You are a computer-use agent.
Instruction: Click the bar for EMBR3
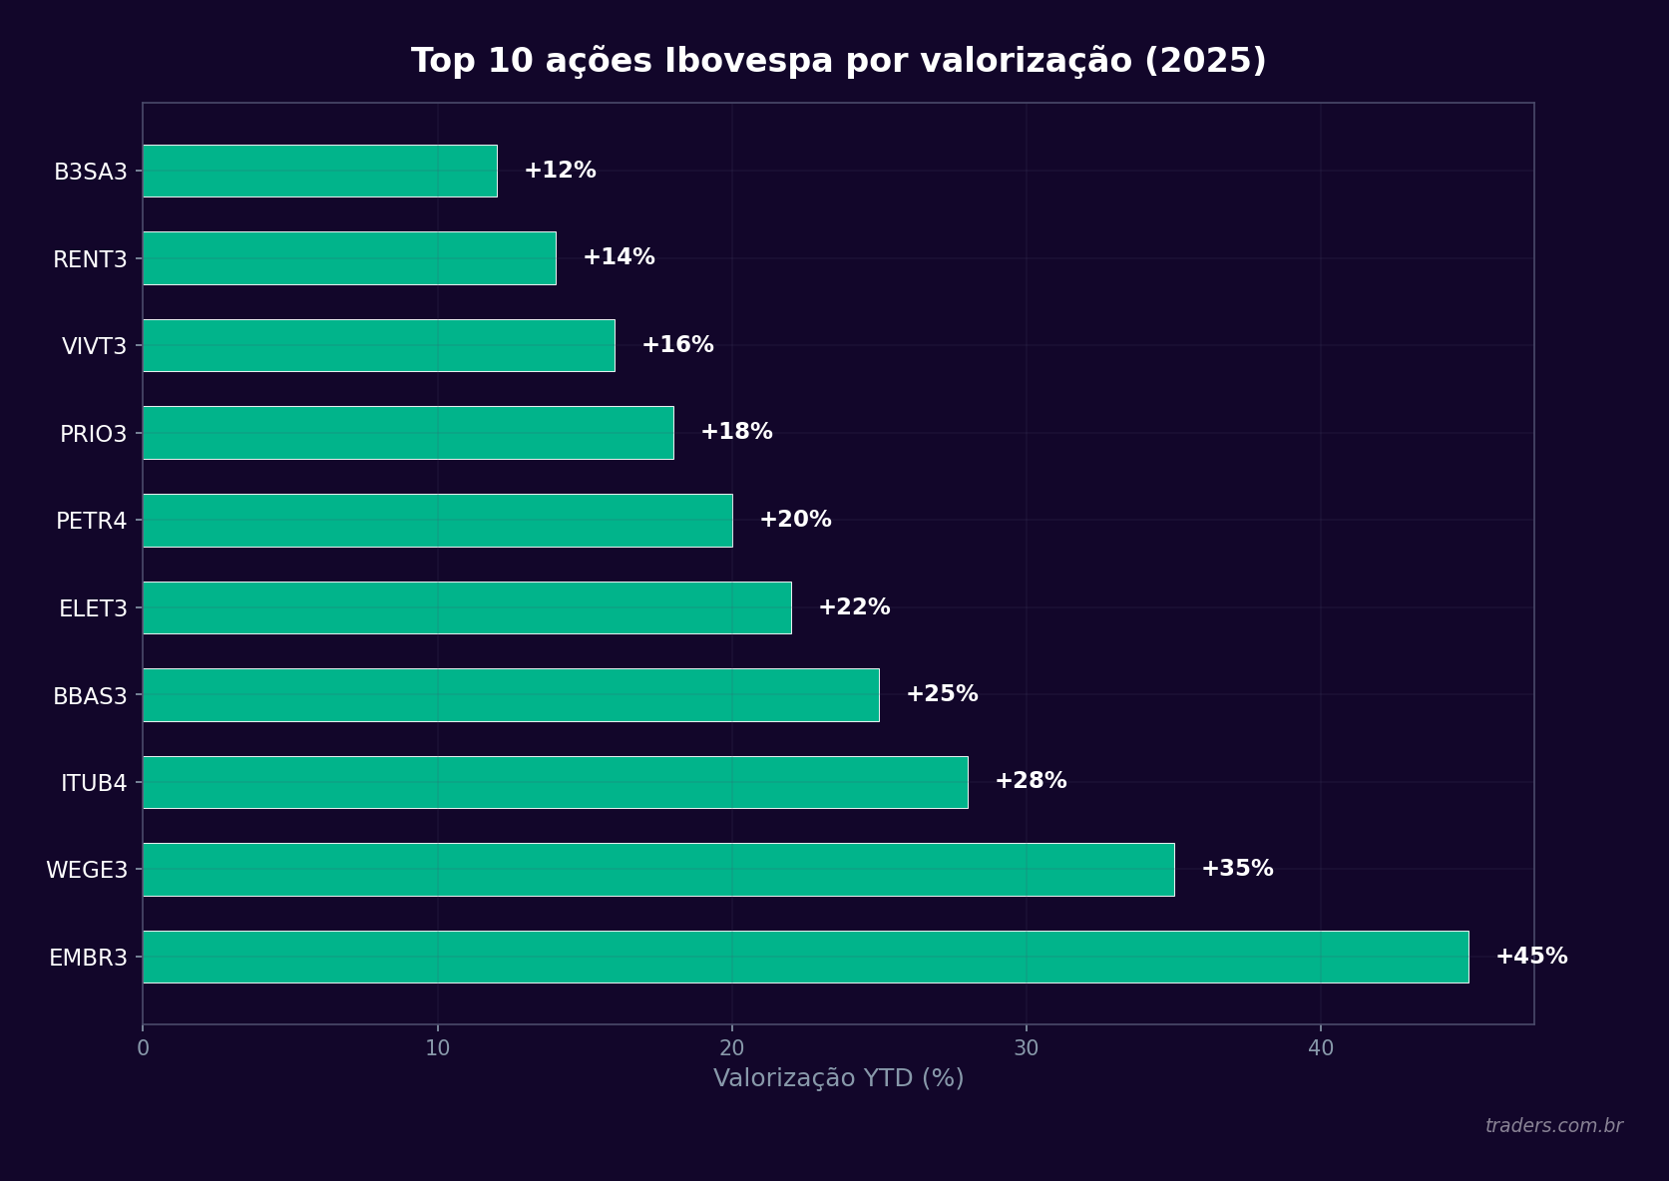(x=805, y=957)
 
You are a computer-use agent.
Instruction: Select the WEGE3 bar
(x=658, y=870)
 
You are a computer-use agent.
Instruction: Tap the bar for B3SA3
(x=320, y=171)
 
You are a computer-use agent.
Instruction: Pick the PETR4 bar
(x=437, y=521)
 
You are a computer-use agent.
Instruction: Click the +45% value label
(x=1531, y=957)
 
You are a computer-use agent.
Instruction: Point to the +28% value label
(x=1031, y=781)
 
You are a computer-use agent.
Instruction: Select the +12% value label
(x=560, y=171)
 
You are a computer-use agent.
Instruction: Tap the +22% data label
(x=854, y=607)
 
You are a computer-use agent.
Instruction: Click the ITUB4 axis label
(x=94, y=783)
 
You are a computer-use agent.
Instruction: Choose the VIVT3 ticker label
(x=94, y=346)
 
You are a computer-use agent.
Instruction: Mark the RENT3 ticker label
(x=90, y=259)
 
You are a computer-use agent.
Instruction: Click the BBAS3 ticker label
(x=90, y=696)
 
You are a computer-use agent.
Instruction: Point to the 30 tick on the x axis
(x=1026, y=1048)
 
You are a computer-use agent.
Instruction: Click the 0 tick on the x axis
(x=143, y=1048)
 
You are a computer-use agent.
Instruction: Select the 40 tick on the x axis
(x=1320, y=1048)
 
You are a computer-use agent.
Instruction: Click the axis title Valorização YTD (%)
(x=838, y=1078)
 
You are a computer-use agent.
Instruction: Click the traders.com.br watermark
(x=1553, y=1126)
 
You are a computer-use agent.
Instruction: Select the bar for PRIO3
(x=408, y=433)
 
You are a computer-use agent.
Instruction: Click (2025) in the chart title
(x=1205, y=62)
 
